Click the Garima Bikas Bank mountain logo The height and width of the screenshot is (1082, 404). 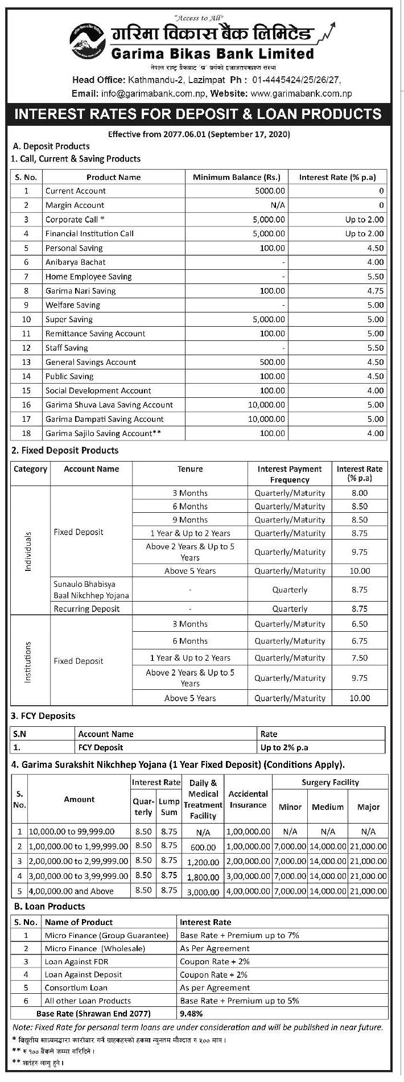tap(89, 43)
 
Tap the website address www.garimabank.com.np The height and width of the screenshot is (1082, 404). tap(300, 93)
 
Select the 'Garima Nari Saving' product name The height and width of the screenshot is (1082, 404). tap(80, 291)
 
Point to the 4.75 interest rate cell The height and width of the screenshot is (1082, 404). tap(375, 291)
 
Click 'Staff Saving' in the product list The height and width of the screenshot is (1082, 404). tap(67, 348)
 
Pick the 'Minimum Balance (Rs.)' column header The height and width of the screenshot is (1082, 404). tap(236, 177)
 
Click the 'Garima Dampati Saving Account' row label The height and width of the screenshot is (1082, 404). tap(104, 419)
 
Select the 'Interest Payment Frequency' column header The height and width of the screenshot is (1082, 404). tap(289, 474)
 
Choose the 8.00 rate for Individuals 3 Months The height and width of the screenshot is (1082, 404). tap(360, 493)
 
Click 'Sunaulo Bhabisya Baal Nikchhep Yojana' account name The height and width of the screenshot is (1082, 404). tap(91, 590)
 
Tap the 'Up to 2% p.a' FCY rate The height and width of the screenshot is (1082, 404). tap(284, 747)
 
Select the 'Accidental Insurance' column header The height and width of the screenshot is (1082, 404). tap(248, 799)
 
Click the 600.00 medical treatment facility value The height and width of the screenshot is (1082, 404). tap(203, 847)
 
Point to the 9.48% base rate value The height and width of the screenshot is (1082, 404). tap(191, 1014)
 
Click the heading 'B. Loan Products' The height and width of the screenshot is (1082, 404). tap(50, 906)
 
